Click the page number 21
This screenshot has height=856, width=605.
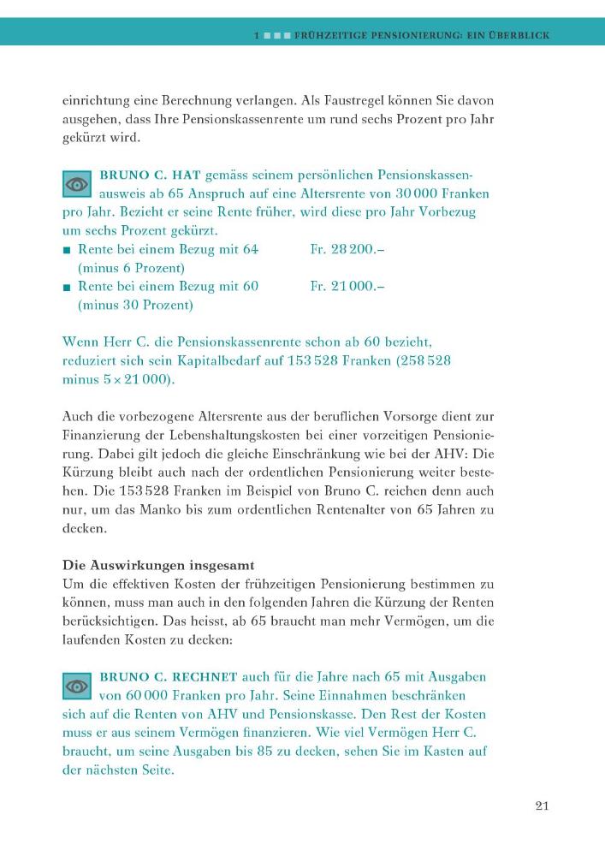[541, 805]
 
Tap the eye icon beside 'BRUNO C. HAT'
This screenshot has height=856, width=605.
[77, 184]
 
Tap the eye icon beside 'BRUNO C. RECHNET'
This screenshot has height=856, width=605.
[77, 686]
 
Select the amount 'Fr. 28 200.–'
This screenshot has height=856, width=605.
[347, 249]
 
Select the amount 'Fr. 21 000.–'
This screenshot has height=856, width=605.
[347, 286]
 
